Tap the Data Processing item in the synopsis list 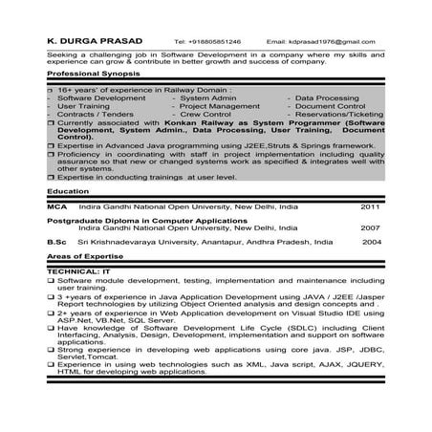click(x=329, y=98)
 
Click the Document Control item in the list click(x=330, y=106)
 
